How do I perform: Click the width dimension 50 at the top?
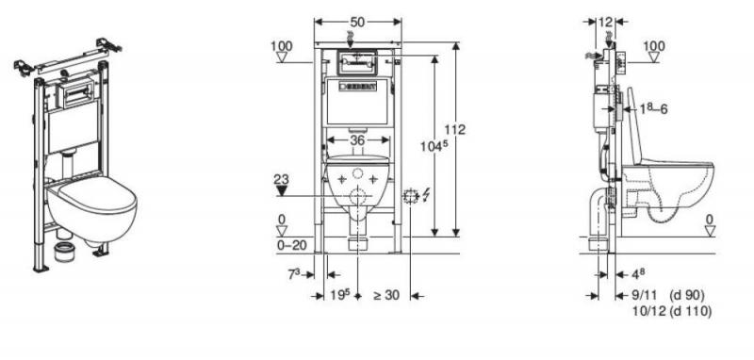(357, 22)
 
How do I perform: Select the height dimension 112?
(454, 130)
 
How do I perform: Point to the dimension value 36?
(357, 139)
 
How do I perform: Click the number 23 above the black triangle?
(281, 180)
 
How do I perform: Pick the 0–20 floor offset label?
(292, 245)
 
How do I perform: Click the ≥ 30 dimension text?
(386, 295)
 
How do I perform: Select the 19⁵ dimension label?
(339, 295)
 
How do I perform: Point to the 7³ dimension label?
(294, 274)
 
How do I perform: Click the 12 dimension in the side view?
(605, 22)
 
